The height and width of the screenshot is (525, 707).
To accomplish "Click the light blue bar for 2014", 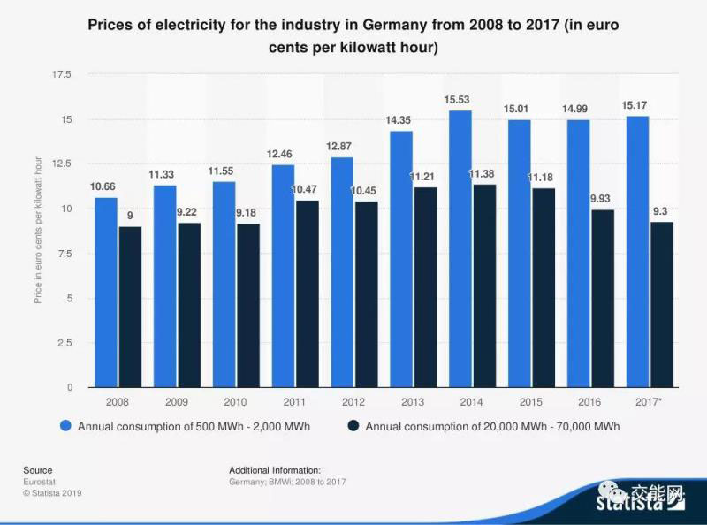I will [x=460, y=248].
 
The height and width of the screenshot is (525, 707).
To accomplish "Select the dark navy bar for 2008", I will [x=130, y=307].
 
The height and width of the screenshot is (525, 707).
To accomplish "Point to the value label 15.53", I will [x=460, y=100].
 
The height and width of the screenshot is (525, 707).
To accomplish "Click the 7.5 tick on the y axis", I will [x=64, y=254].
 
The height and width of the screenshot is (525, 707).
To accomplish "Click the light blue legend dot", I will [x=66, y=426].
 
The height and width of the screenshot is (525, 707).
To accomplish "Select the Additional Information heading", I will [x=274, y=470].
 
